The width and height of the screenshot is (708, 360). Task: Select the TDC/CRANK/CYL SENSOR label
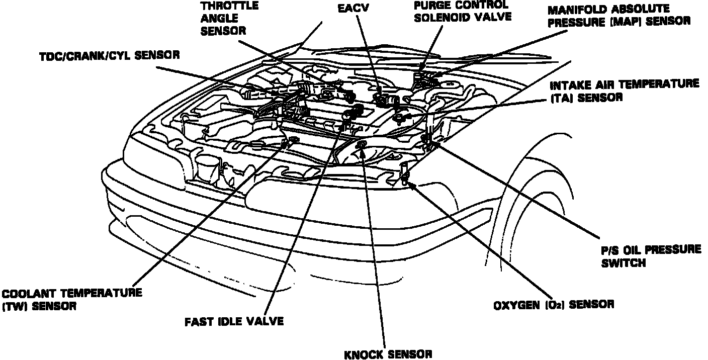[110, 55]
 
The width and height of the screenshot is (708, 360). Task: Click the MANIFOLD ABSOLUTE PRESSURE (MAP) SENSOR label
[618, 16]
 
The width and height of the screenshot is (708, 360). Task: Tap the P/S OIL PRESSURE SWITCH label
[651, 256]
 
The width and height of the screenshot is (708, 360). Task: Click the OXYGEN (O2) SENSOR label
[553, 304]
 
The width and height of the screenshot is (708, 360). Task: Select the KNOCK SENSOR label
[388, 354]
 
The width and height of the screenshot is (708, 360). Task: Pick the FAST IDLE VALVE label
[234, 321]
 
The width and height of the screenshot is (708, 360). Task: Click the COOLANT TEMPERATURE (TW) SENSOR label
[71, 299]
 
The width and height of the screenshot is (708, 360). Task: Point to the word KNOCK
[364, 354]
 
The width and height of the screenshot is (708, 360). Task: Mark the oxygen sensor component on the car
[405, 173]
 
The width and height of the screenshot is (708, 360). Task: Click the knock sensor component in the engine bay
[361, 146]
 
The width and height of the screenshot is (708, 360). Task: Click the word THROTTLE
[229, 7]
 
